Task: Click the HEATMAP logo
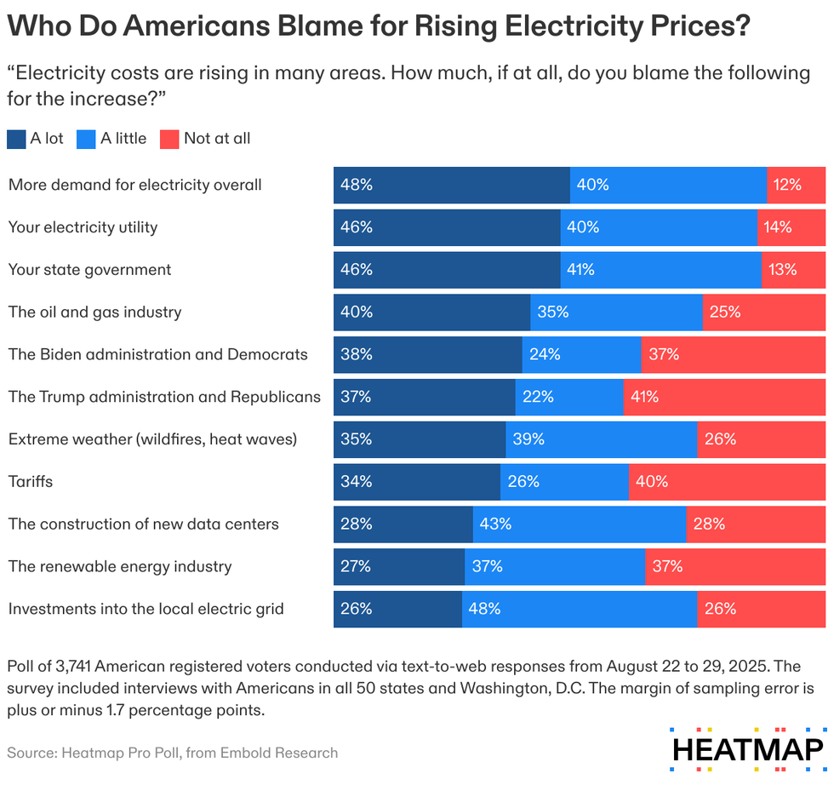click(747, 748)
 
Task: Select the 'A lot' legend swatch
click(16, 139)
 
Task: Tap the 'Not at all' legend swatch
click(169, 139)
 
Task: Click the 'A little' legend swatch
click(85, 139)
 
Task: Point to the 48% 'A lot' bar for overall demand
click(451, 185)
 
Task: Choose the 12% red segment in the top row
click(796, 185)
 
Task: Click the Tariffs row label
click(31, 482)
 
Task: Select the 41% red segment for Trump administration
click(724, 397)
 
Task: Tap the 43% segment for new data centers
click(580, 524)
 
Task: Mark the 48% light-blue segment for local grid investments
click(580, 609)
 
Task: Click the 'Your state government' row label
click(89, 270)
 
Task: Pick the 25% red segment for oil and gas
click(763, 312)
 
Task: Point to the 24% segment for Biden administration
click(581, 354)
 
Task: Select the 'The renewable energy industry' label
click(120, 567)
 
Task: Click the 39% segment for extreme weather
click(602, 439)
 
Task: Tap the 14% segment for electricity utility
click(791, 227)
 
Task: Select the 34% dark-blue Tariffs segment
click(416, 482)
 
